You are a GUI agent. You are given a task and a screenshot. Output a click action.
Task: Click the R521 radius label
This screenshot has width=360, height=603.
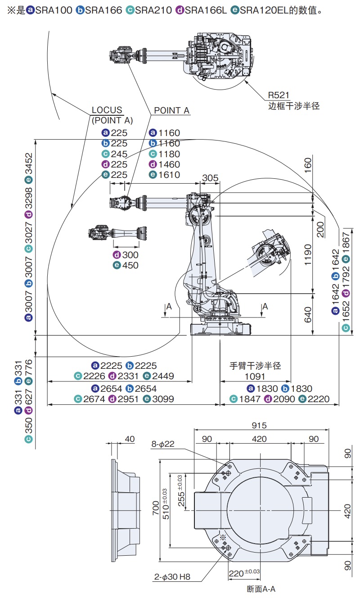tap(279, 95)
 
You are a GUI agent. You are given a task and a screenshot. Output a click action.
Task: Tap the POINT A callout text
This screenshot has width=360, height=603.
tap(171, 110)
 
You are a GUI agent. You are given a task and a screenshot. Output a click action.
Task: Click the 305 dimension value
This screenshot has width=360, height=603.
tap(210, 178)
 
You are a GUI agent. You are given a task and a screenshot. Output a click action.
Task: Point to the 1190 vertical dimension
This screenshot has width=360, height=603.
tap(308, 254)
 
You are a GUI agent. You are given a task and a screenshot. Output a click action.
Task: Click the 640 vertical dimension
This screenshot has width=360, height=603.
tap(308, 314)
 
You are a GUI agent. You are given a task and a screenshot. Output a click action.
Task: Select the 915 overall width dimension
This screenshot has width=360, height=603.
tap(259, 425)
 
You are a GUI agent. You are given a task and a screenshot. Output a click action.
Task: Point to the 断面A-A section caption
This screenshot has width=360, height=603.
tap(261, 589)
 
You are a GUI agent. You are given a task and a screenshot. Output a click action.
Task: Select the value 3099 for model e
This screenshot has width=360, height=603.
tap(163, 399)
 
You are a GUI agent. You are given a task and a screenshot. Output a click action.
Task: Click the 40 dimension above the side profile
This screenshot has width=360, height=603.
tap(130, 439)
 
